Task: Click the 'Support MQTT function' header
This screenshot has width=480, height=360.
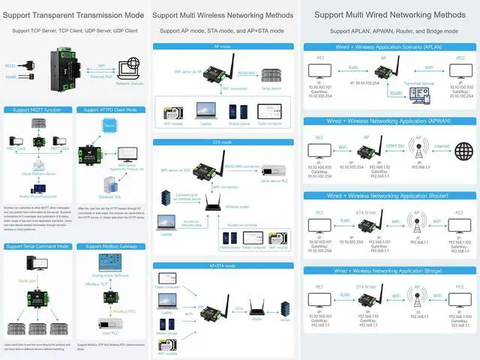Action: tap(38, 109)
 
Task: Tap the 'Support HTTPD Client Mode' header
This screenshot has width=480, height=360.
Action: tap(110, 109)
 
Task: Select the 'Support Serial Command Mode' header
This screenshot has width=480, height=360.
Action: tap(38, 246)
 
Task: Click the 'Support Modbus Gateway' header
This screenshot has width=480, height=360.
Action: tap(110, 246)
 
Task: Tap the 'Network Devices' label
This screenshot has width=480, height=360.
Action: tap(129, 84)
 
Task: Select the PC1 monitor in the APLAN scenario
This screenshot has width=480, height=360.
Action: tap(319, 72)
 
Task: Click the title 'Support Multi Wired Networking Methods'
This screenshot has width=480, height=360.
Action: tap(389, 14)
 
